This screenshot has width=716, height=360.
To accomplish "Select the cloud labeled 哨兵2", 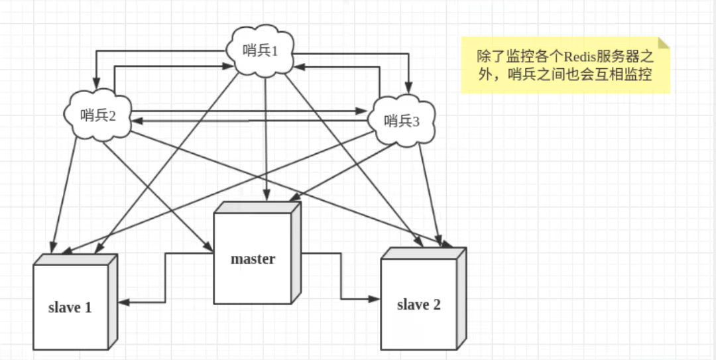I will point(97,114).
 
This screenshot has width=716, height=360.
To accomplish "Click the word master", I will point(253,259).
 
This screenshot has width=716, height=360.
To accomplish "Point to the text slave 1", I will point(70,308).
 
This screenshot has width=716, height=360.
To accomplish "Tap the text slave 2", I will point(418,305).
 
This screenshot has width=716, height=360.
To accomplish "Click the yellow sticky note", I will point(565,65).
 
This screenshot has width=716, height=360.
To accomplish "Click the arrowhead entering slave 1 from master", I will point(123,302).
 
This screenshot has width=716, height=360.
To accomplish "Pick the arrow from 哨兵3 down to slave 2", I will point(430,192).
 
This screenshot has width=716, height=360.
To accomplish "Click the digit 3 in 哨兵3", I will point(416,121).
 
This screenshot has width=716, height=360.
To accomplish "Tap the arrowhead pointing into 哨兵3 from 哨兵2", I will point(363,111).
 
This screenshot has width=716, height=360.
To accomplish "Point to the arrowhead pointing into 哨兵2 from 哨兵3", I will point(134,121).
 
